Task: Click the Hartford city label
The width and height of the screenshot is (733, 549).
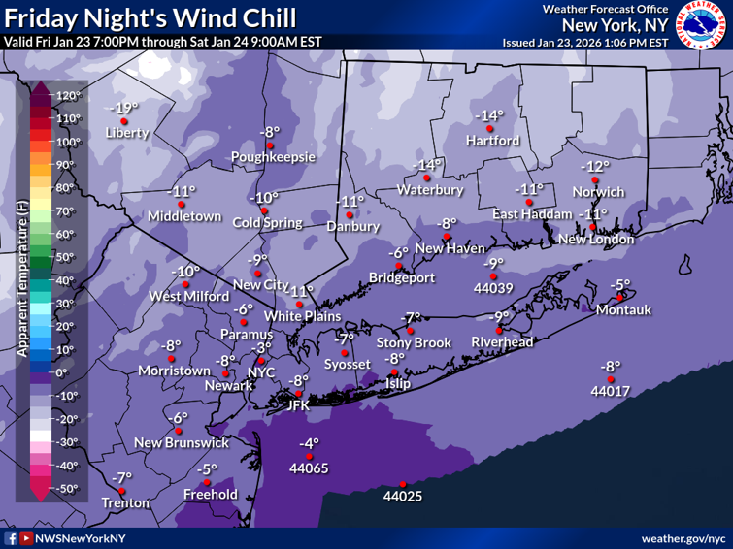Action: click(x=492, y=140)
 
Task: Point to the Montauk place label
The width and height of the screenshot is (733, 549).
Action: click(x=623, y=310)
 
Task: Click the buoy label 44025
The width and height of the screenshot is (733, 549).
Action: click(x=402, y=497)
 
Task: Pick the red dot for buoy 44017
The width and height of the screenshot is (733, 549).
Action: click(x=610, y=379)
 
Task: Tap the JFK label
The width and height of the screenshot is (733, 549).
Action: click(x=297, y=405)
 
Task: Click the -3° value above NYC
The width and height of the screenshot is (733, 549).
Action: click(x=261, y=347)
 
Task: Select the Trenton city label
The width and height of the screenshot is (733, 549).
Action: click(x=126, y=502)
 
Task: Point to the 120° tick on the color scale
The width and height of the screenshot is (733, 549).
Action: click(x=67, y=96)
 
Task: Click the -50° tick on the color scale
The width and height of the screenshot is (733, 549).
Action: click(x=67, y=488)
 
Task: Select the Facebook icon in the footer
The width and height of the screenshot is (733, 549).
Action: click(x=11, y=537)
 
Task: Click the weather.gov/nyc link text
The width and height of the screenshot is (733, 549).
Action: click(x=683, y=537)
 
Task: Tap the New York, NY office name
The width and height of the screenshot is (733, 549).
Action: click(x=615, y=25)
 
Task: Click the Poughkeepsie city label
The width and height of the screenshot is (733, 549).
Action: click(x=273, y=157)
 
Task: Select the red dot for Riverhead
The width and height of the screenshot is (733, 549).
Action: click(x=497, y=330)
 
